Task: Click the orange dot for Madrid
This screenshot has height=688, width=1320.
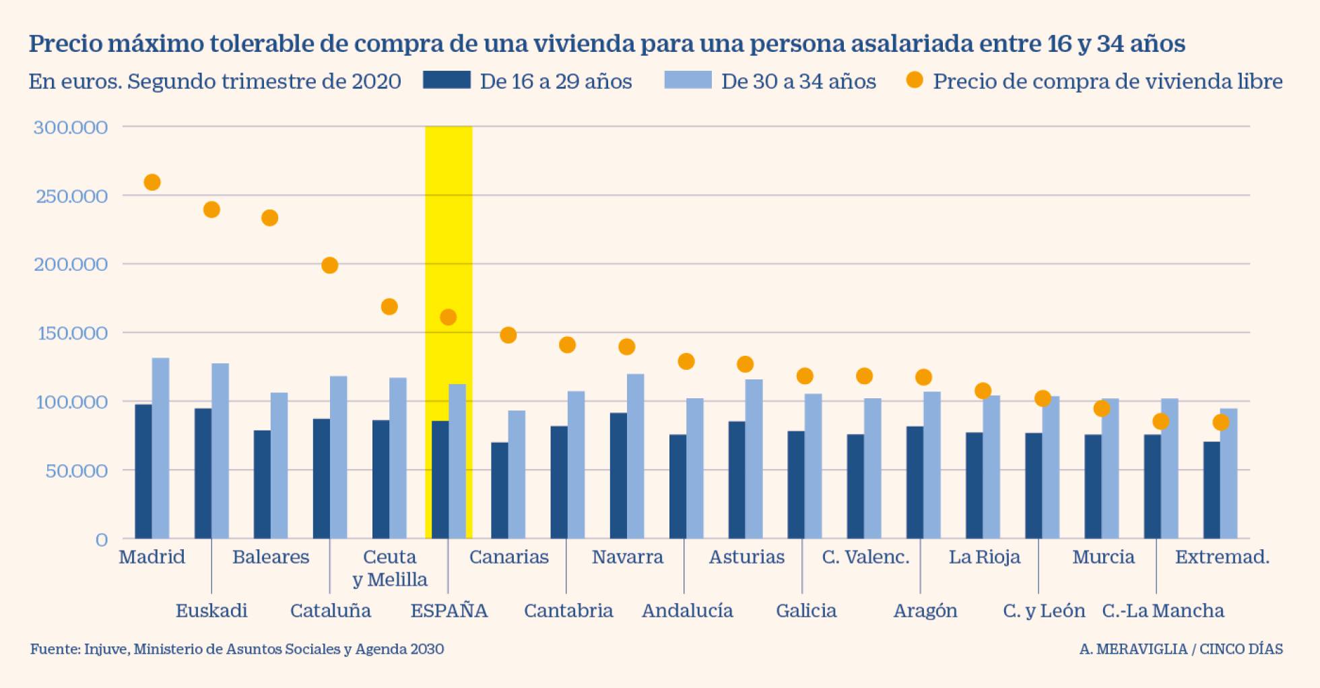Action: click(x=152, y=183)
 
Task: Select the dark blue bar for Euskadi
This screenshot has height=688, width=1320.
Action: click(x=203, y=473)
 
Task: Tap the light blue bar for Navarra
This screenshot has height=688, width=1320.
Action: click(x=635, y=456)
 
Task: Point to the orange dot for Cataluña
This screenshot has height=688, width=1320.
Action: click(x=329, y=265)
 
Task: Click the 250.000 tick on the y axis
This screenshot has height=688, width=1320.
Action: click(x=71, y=196)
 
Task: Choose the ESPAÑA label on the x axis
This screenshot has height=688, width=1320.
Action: click(x=449, y=611)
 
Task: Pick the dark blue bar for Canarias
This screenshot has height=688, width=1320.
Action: click(x=500, y=491)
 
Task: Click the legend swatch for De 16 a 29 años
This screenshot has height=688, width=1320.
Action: click(x=447, y=80)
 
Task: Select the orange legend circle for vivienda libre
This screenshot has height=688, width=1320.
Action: click(x=914, y=80)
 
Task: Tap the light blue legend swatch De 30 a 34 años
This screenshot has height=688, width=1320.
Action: click(x=687, y=80)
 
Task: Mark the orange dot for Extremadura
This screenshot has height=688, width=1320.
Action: click(x=1220, y=423)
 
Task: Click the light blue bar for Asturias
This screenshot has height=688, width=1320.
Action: click(x=754, y=459)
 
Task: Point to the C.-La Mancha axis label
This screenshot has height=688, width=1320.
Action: click(x=1162, y=611)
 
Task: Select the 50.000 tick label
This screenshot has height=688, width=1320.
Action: click(x=76, y=471)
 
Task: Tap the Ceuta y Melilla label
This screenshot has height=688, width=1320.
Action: click(x=390, y=567)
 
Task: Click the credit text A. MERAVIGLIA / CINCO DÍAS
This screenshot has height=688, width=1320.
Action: click(x=1181, y=649)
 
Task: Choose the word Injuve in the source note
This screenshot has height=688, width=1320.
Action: click(x=106, y=649)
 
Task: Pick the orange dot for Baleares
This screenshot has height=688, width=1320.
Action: click(x=270, y=218)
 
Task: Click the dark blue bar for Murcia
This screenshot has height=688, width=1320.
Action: click(x=1093, y=487)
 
